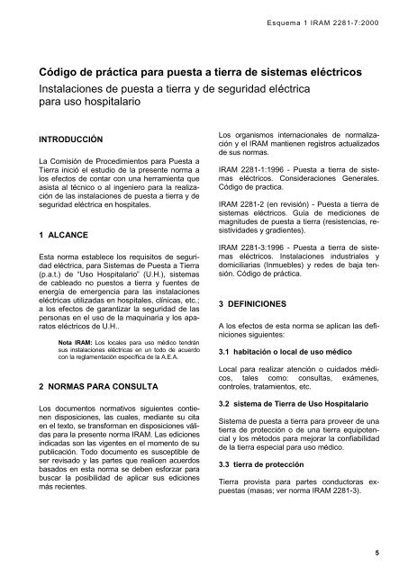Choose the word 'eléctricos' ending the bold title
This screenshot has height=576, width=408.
click(x=331, y=70)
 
